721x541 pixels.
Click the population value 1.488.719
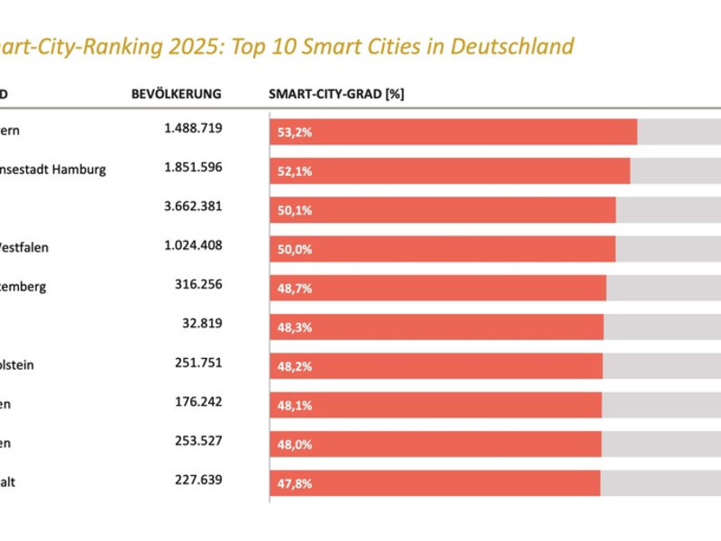tap(193, 129)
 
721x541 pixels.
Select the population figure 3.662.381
tap(193, 206)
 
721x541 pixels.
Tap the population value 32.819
tap(201, 324)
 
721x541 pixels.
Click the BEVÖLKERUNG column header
tap(176, 94)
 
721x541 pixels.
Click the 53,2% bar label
tap(295, 133)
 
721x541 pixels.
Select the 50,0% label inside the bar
tap(295, 250)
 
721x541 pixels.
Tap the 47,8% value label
tap(295, 483)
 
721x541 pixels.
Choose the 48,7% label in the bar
tap(295, 289)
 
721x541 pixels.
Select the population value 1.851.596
tap(193, 168)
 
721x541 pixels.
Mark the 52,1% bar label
tap(295, 171)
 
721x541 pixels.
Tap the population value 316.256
tap(198, 284)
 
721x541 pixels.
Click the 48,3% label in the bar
tap(295, 327)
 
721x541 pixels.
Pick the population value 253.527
tap(198, 441)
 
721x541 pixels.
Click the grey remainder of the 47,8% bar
tap(660, 483)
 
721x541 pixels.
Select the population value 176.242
tap(198, 402)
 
